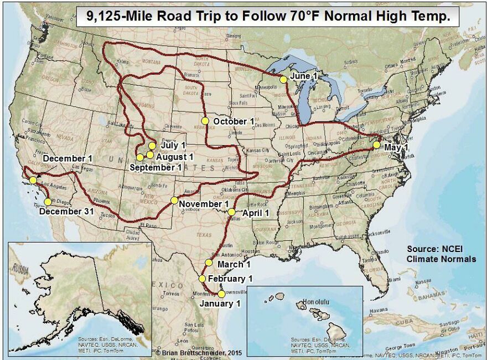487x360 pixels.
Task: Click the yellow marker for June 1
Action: click(283, 80)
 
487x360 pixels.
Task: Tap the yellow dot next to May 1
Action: click(376, 145)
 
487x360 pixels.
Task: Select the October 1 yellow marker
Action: click(205, 121)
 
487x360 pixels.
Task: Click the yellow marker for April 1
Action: click(231, 212)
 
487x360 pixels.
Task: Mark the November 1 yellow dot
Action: click(174, 200)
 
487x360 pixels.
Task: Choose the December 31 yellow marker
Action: click(48, 202)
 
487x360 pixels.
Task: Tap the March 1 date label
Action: click(230, 265)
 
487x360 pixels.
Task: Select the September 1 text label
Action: click(156, 167)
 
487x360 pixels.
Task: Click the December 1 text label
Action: click(68, 158)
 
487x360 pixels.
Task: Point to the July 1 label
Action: click(173, 145)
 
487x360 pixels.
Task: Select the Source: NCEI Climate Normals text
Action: click(441, 254)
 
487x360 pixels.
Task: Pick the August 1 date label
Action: click(174, 156)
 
